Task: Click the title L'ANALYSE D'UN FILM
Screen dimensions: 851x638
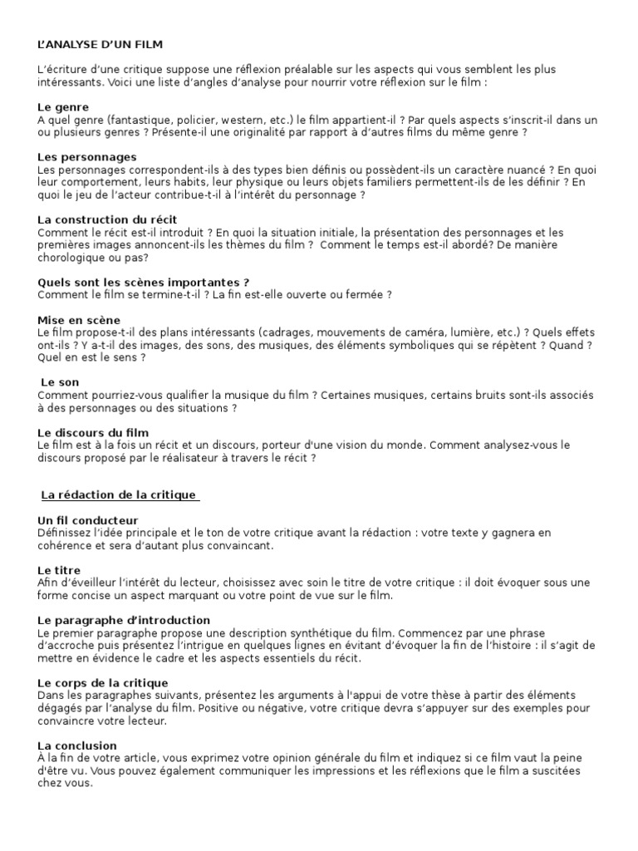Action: click(x=106, y=43)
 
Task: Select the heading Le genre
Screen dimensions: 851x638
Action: click(x=63, y=107)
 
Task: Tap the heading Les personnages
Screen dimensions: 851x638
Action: click(x=87, y=157)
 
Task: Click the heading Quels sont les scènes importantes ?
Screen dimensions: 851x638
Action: click(x=144, y=282)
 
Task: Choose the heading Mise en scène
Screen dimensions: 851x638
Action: click(x=79, y=320)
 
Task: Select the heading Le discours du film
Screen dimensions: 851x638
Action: click(x=94, y=432)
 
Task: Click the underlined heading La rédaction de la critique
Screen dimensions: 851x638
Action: click(x=119, y=495)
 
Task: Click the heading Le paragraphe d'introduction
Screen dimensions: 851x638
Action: click(x=124, y=620)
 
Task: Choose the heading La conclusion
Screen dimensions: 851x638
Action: click(x=77, y=745)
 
